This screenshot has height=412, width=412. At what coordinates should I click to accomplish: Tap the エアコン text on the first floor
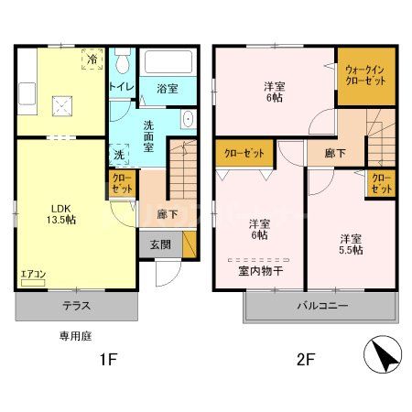32,273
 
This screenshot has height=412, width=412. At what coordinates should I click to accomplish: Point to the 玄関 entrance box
160,244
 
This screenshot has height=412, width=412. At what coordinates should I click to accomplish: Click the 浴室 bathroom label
168,88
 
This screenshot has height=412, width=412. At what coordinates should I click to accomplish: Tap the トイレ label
122,86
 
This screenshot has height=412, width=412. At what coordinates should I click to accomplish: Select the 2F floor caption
304,359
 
